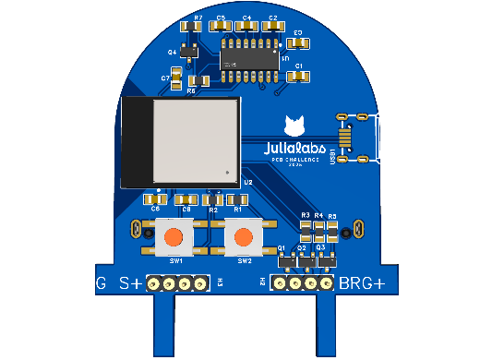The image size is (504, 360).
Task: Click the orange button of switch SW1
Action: coord(173,238)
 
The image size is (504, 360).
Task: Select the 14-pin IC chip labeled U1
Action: coord(249,57)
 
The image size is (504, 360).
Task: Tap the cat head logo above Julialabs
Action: coord(294,126)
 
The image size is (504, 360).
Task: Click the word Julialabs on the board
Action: coord(294,148)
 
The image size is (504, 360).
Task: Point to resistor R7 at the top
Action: coord(191,27)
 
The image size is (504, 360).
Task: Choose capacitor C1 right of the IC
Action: coord(297,78)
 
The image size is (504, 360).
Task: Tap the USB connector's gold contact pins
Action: coord(345,138)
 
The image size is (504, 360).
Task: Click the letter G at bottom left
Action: coord(102,283)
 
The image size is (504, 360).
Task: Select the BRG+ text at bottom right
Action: coord(362,283)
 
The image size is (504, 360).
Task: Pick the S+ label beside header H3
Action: coord(130,283)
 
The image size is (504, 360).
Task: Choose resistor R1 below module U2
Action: coord(237,199)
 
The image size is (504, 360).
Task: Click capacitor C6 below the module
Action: coord(154,198)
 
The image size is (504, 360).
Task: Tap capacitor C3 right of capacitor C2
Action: coord(297,42)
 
